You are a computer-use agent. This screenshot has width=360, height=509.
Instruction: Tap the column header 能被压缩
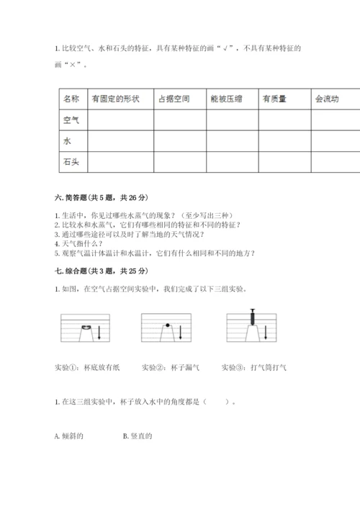click(225, 99)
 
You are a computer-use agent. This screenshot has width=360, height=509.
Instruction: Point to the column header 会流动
click(327, 99)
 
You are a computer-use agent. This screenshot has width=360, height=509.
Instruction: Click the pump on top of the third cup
click(253, 316)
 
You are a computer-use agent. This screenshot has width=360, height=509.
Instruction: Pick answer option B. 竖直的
click(138, 436)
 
